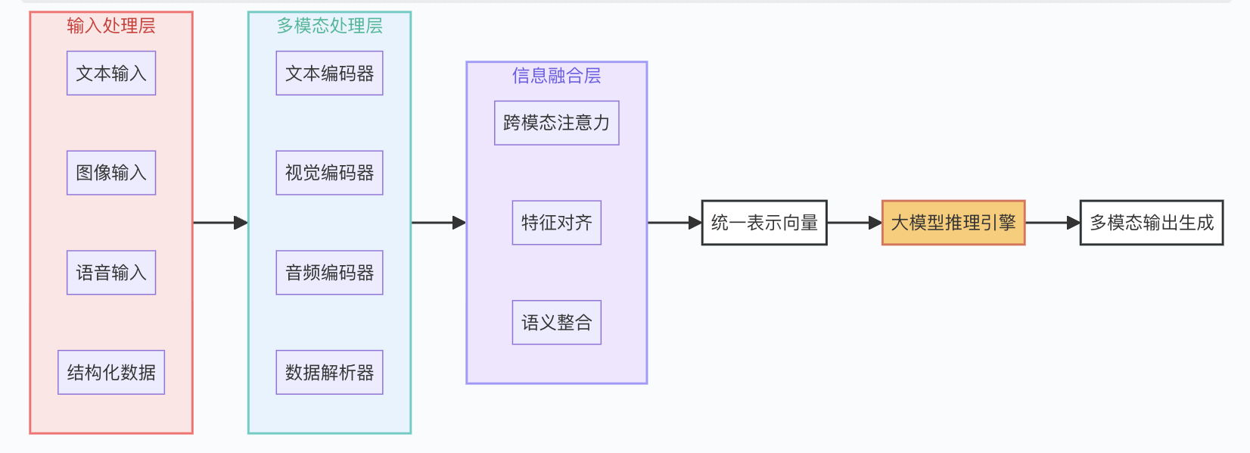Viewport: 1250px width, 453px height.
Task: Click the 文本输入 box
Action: [x=111, y=73]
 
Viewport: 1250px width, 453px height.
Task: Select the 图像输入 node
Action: [x=111, y=173]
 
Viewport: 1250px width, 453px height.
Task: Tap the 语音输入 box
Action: [x=111, y=273]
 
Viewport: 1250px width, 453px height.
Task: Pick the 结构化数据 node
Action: [x=111, y=372]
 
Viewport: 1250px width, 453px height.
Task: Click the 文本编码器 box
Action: [x=329, y=73]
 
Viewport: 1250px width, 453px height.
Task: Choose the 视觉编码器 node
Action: [x=329, y=173]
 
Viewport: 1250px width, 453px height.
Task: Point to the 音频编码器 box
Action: [x=329, y=273]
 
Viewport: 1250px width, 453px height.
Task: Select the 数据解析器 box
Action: [x=329, y=372]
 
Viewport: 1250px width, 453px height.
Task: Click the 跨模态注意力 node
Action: [x=556, y=123]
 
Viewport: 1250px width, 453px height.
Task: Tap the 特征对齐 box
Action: [x=556, y=223]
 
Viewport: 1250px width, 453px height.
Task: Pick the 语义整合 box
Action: [x=556, y=323]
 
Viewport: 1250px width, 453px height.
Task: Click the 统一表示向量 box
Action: [x=764, y=223]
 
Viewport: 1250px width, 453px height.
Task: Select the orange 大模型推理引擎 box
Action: [x=953, y=223]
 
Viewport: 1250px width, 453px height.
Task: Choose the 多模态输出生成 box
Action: [x=1151, y=223]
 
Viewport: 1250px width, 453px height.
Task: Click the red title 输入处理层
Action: [x=111, y=26]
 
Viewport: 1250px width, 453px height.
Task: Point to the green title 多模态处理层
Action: [x=329, y=26]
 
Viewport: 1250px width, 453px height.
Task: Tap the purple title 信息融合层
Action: [x=556, y=76]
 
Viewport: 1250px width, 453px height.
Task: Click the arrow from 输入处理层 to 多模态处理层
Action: [x=220, y=223]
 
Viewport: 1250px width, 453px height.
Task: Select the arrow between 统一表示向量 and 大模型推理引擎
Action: [x=854, y=223]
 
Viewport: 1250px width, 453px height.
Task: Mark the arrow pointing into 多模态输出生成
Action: [x=1053, y=223]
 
